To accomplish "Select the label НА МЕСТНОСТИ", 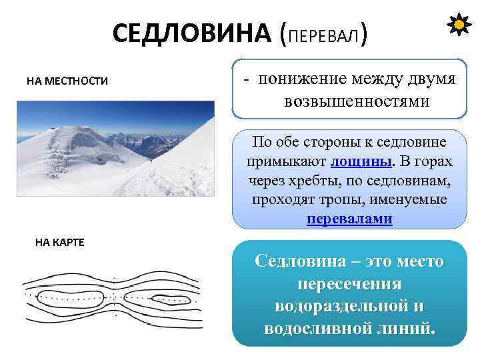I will [x=67, y=81].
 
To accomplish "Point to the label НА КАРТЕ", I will [x=59, y=242].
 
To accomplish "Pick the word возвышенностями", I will [x=357, y=101].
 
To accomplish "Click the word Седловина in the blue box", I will [x=299, y=261].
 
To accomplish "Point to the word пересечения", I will [x=349, y=284].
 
